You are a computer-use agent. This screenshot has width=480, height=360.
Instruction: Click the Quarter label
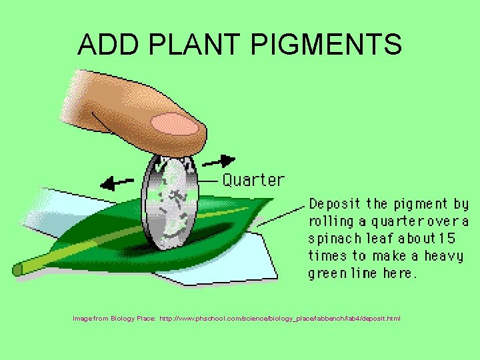[x=253, y=180]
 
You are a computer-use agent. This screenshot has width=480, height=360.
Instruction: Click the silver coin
[x=170, y=203]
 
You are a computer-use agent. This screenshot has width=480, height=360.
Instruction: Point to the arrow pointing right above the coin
[x=220, y=161]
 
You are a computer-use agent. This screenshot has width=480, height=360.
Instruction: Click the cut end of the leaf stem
[x=18, y=269]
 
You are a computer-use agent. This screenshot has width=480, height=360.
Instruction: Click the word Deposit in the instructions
[x=335, y=203]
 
